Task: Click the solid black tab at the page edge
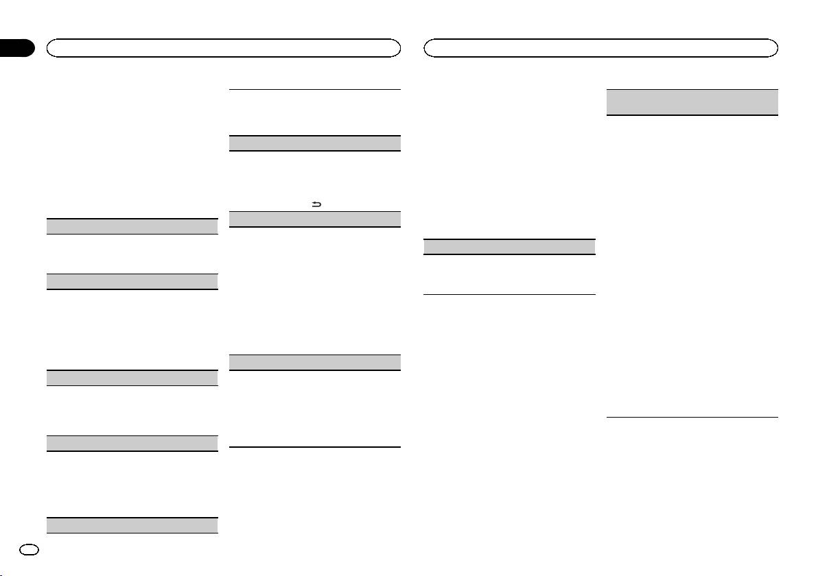(17, 48)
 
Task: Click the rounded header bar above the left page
(223, 48)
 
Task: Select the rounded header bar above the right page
(601, 48)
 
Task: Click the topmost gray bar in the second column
(314, 143)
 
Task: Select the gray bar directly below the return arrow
(314, 219)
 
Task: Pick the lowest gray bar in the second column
(314, 363)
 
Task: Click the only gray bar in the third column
(510, 247)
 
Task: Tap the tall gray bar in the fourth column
(693, 102)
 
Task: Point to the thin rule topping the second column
(314, 89)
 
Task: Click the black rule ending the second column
(314, 448)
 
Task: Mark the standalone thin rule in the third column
(510, 295)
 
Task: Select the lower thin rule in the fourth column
(693, 417)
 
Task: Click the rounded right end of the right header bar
(774, 48)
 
